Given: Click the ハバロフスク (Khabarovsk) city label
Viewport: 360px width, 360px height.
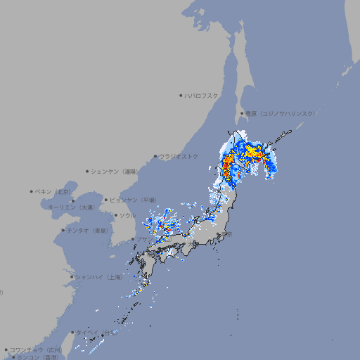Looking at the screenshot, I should (201, 96).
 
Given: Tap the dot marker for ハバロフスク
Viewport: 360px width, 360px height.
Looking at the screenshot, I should (181, 96).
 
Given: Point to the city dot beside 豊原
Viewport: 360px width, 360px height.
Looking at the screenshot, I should (242, 113).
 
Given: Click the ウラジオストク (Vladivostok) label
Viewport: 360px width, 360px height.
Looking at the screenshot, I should (179, 156).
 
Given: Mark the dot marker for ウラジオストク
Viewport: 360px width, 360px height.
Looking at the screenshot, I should (155, 157).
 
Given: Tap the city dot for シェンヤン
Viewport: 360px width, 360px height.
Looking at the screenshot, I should (88, 171).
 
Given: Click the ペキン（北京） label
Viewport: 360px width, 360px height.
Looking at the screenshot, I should (53, 191).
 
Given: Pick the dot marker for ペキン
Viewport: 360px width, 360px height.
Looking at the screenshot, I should (32, 191).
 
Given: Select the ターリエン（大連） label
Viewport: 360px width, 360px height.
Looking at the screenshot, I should (71, 208).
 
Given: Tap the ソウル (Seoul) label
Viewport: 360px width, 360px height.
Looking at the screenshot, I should (127, 215).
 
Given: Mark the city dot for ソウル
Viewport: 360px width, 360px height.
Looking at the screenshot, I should (115, 215).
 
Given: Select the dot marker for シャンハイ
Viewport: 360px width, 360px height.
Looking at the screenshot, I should (72, 277).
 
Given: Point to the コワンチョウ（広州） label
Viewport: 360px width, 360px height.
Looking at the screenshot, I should (35, 349).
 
